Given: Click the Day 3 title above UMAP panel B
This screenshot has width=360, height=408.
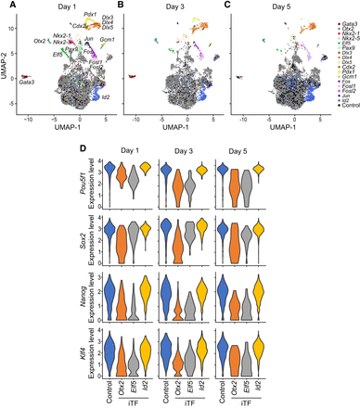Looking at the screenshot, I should pyautogui.click(x=167, y=7).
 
